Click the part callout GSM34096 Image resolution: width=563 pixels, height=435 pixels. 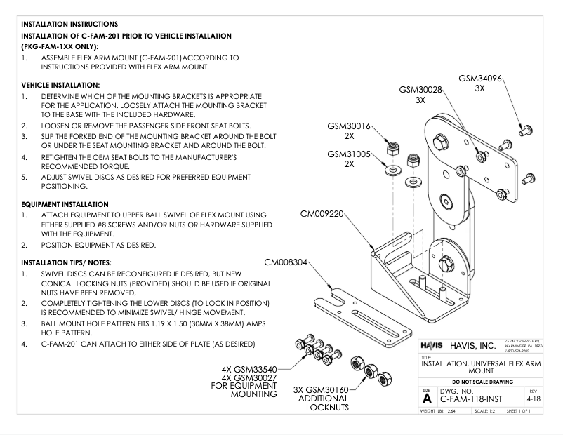coord(480,79)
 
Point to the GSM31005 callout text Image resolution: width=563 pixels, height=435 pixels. coord(349,154)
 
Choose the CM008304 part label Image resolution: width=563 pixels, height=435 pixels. coord(285,262)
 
